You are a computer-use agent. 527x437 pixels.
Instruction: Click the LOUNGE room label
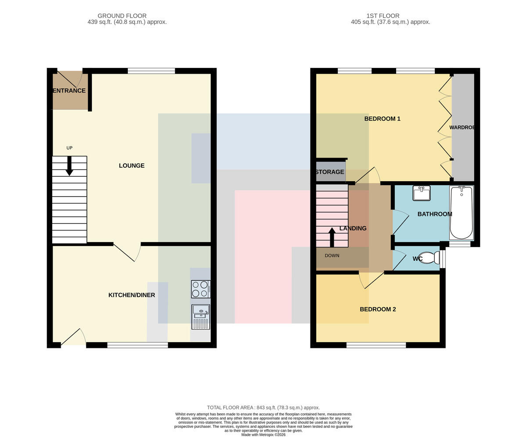pyautogui.click(x=131, y=165)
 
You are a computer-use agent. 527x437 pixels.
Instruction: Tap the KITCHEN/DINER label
pyautogui.click(x=131, y=295)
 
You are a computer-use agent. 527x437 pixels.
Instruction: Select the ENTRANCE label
pyautogui.click(x=69, y=90)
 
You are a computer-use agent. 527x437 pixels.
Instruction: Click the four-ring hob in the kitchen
pyautogui.click(x=201, y=289)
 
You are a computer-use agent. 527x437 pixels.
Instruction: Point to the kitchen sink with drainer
pyautogui.click(x=201, y=317)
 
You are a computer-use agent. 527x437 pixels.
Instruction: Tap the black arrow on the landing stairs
pyautogui.click(x=332, y=237)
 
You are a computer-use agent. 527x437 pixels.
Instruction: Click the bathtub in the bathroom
pyautogui.click(x=461, y=212)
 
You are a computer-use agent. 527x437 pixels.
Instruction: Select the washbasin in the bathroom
pyautogui.click(x=422, y=193)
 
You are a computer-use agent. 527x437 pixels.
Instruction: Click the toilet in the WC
pyautogui.click(x=431, y=258)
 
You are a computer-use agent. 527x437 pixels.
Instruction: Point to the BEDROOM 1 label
pyautogui.click(x=382, y=118)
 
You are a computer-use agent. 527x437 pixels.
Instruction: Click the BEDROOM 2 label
pyautogui.click(x=378, y=309)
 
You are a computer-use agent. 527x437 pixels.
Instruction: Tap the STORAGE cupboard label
pyautogui.click(x=330, y=172)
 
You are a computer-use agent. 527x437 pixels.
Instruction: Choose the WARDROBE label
pyautogui.click(x=462, y=127)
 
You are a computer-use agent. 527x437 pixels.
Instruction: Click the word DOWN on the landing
pyautogui.click(x=332, y=255)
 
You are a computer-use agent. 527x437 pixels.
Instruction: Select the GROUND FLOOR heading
pyautogui.click(x=122, y=16)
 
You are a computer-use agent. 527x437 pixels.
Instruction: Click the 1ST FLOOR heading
pyautogui.click(x=383, y=16)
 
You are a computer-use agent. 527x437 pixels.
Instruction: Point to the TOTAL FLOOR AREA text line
pyautogui.click(x=263, y=408)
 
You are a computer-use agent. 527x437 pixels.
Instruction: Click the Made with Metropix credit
pyautogui.click(x=263, y=435)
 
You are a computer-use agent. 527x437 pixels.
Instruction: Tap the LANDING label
pyautogui.click(x=353, y=228)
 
